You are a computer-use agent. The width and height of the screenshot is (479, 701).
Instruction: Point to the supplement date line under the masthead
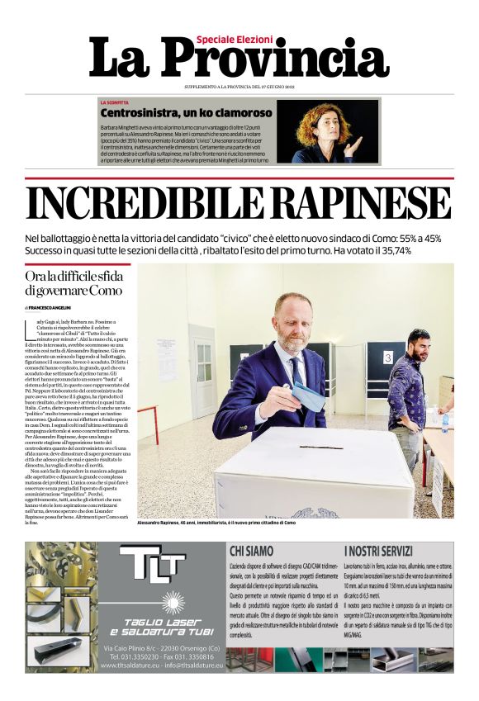[239, 87]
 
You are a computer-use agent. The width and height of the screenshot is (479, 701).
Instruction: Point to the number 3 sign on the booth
[387, 358]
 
